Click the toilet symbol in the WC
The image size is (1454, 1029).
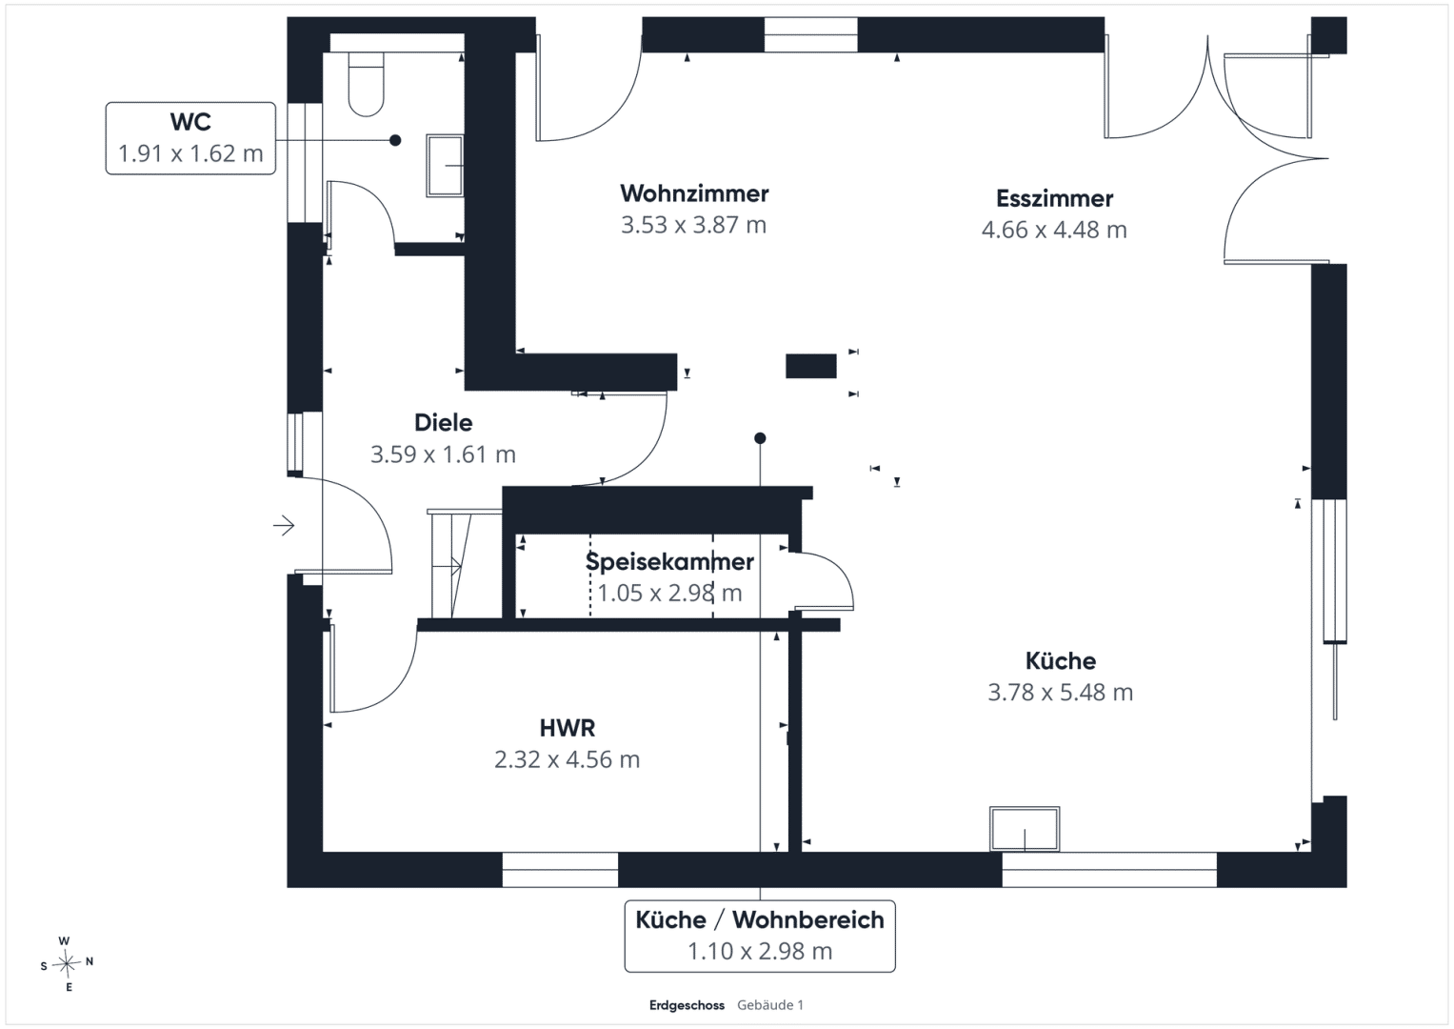[366, 84]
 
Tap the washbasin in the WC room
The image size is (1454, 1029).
[445, 166]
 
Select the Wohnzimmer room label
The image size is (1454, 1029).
[694, 193]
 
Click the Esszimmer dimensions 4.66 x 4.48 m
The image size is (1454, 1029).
[1054, 230]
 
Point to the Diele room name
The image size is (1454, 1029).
[444, 423]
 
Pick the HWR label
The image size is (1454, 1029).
[568, 728]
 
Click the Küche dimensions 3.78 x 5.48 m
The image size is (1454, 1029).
[1061, 693]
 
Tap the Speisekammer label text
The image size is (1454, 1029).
[670, 562]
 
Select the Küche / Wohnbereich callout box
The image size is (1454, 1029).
[760, 936]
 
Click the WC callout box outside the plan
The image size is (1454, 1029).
[190, 138]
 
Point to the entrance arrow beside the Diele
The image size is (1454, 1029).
[284, 525]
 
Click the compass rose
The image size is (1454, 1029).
[67, 963]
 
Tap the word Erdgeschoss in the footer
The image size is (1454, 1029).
[687, 1005]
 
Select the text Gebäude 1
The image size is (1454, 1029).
[769, 1005]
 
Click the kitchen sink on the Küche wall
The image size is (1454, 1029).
[1025, 829]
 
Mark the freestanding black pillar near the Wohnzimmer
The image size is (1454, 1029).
[810, 366]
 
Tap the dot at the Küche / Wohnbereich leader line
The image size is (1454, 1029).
[760, 438]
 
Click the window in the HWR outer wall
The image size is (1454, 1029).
[560, 870]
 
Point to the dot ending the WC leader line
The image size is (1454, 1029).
[394, 140]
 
